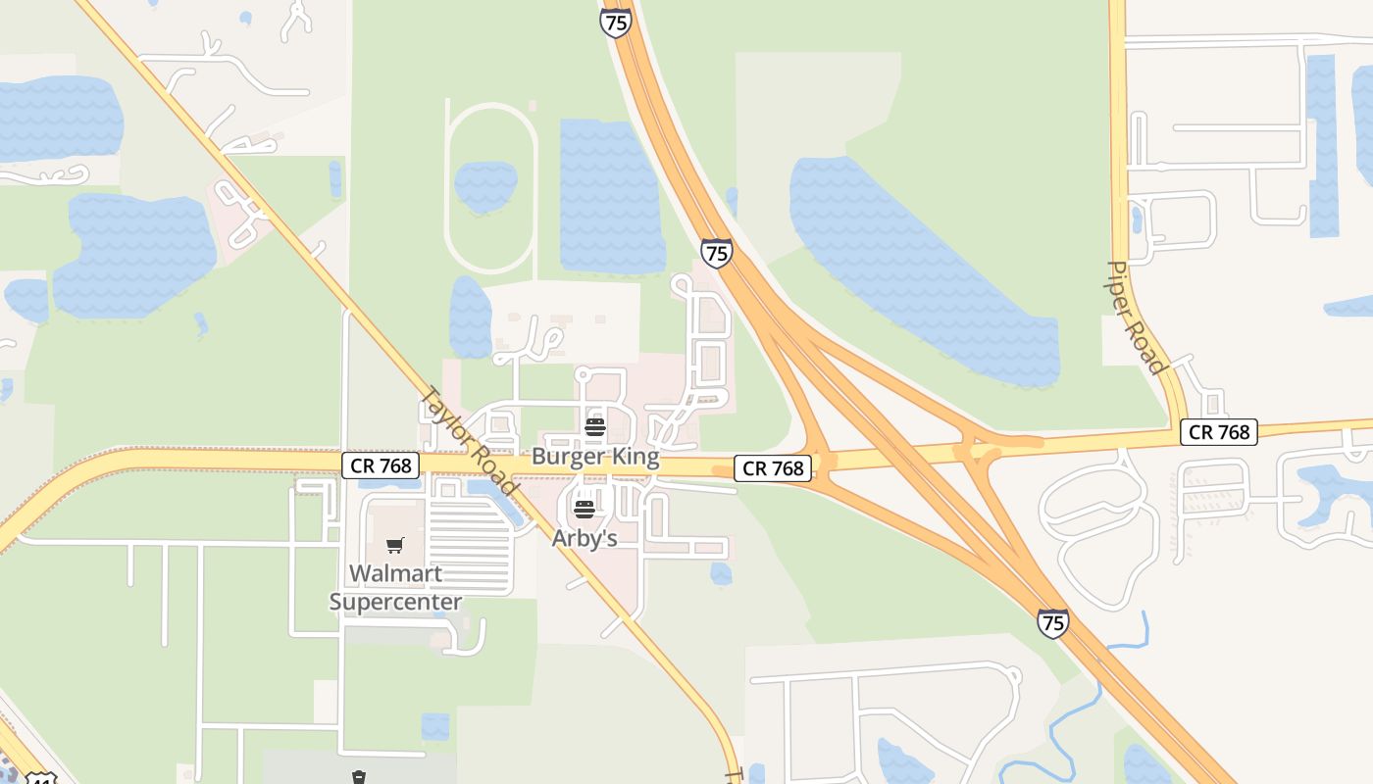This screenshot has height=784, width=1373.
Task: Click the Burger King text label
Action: pos(595,457)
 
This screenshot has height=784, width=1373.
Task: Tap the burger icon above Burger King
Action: pos(595,426)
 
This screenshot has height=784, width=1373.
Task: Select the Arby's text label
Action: pos(585,538)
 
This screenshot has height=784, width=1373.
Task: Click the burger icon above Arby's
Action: pos(585,509)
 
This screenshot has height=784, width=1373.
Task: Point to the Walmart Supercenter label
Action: pos(395,587)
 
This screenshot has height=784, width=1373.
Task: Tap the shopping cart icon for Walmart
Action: pos(395,545)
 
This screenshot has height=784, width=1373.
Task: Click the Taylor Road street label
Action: pos(468,441)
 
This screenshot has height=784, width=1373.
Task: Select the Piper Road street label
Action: pos(1136,317)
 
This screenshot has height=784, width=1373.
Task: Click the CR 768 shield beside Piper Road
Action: pos(1219,431)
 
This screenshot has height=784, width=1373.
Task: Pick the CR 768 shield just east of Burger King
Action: pos(774,468)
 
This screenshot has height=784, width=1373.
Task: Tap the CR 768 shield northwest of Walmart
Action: pos(381,465)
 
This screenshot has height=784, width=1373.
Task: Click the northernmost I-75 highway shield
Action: pos(615,23)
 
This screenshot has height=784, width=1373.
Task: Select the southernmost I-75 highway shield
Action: pos(1052,622)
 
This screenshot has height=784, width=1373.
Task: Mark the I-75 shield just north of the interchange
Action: pos(717,253)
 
